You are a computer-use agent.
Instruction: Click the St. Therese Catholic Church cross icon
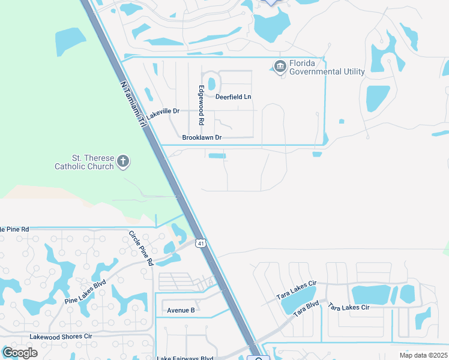pyautogui.click(x=123, y=160)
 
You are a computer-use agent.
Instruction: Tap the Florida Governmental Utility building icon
pyautogui.click(x=280, y=66)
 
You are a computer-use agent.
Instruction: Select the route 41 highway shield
pyautogui.click(x=202, y=243)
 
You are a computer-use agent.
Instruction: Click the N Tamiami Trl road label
pyautogui.click(x=133, y=105)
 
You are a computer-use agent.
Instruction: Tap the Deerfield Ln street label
pyautogui.click(x=234, y=97)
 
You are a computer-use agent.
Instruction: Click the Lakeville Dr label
pyautogui.click(x=163, y=112)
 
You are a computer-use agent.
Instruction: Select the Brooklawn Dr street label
pyautogui.click(x=202, y=137)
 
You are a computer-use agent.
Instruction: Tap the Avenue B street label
pyautogui.click(x=181, y=310)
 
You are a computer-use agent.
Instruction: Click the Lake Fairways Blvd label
pyautogui.click(x=185, y=358)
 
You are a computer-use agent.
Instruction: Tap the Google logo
pyautogui.click(x=20, y=352)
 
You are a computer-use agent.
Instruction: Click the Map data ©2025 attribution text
pyautogui.click(x=423, y=355)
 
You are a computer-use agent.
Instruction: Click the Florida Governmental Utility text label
pyautogui.click(x=327, y=68)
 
